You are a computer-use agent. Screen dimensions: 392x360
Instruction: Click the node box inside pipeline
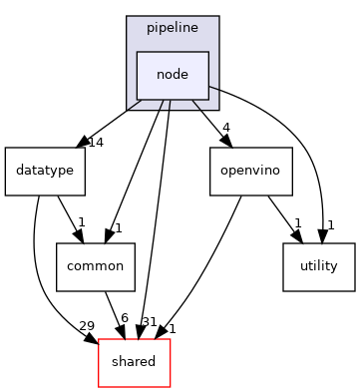173,76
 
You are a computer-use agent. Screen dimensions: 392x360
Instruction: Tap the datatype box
45,172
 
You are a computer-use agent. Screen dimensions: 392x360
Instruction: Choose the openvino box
250,172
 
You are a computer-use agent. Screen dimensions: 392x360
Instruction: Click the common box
95,266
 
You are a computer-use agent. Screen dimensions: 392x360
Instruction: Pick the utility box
318,266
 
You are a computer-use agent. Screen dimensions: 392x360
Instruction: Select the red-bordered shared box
133,361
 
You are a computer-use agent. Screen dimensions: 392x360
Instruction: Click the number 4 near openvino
227,128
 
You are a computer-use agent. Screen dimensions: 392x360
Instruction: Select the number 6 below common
124,317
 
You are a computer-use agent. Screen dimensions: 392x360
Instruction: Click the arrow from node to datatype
110,124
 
